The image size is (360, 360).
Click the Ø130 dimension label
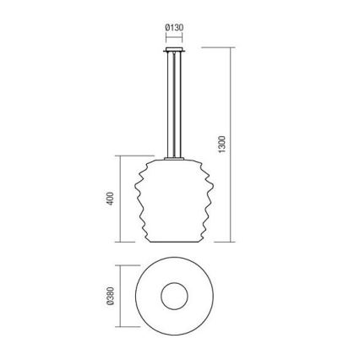click(x=174, y=28)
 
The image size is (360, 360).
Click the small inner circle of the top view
click(x=176, y=296)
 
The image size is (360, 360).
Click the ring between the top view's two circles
click(x=153, y=296)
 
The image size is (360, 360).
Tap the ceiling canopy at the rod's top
click(x=176, y=51)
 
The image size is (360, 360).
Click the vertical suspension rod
click(x=176, y=101)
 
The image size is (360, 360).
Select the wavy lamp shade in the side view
click(x=176, y=203)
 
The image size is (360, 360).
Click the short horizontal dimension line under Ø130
click(x=174, y=38)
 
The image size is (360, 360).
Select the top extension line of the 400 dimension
click(x=135, y=155)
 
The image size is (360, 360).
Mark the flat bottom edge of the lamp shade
click(x=176, y=241)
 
